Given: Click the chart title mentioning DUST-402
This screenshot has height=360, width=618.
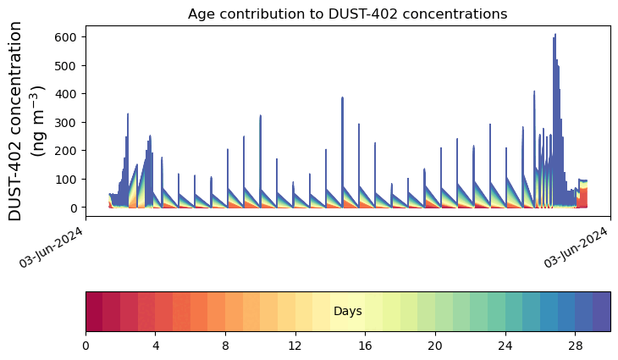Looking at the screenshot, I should point(347,14).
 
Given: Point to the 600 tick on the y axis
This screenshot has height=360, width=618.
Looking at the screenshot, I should point(68,37).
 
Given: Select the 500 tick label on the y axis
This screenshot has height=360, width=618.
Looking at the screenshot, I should point(68,65).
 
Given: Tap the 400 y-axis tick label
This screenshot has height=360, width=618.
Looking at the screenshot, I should point(68,94).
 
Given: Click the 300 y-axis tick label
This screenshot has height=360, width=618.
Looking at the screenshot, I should point(68,122).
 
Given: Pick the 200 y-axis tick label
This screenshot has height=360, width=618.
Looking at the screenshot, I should point(68,151).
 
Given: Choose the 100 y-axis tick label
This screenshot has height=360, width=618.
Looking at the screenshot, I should point(68,179).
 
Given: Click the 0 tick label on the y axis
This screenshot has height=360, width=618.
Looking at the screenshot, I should point(74,208).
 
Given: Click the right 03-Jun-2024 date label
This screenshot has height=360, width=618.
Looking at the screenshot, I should point(577,245).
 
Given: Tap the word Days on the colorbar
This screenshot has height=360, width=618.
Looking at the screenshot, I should point(348,312).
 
